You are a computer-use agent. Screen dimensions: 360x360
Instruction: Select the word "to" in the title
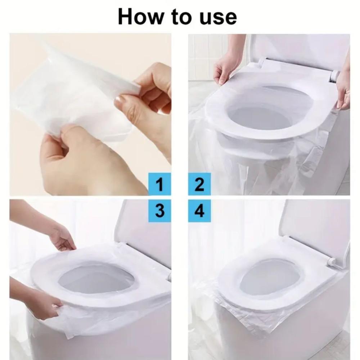[181, 17]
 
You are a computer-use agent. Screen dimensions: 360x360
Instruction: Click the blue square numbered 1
[159, 184]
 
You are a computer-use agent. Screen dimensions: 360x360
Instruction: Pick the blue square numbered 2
[199, 184]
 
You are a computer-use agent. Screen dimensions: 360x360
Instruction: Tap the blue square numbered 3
[159, 211]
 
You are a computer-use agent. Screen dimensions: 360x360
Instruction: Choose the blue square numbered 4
[199, 211]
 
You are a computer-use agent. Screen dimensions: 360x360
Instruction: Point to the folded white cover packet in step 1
[73, 96]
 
